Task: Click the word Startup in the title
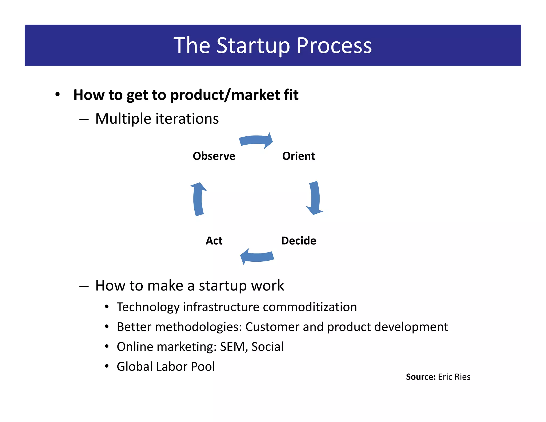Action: (x=253, y=46)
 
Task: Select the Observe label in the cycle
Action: (x=214, y=156)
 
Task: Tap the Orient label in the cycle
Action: (x=299, y=156)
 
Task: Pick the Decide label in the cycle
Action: (x=299, y=241)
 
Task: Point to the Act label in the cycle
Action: (x=214, y=241)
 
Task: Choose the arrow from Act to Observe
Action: (x=198, y=199)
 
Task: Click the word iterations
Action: (x=187, y=119)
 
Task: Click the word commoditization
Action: (x=310, y=307)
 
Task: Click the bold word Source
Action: (x=420, y=377)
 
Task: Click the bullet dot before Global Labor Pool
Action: (x=107, y=366)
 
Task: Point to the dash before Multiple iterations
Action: (x=84, y=120)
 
